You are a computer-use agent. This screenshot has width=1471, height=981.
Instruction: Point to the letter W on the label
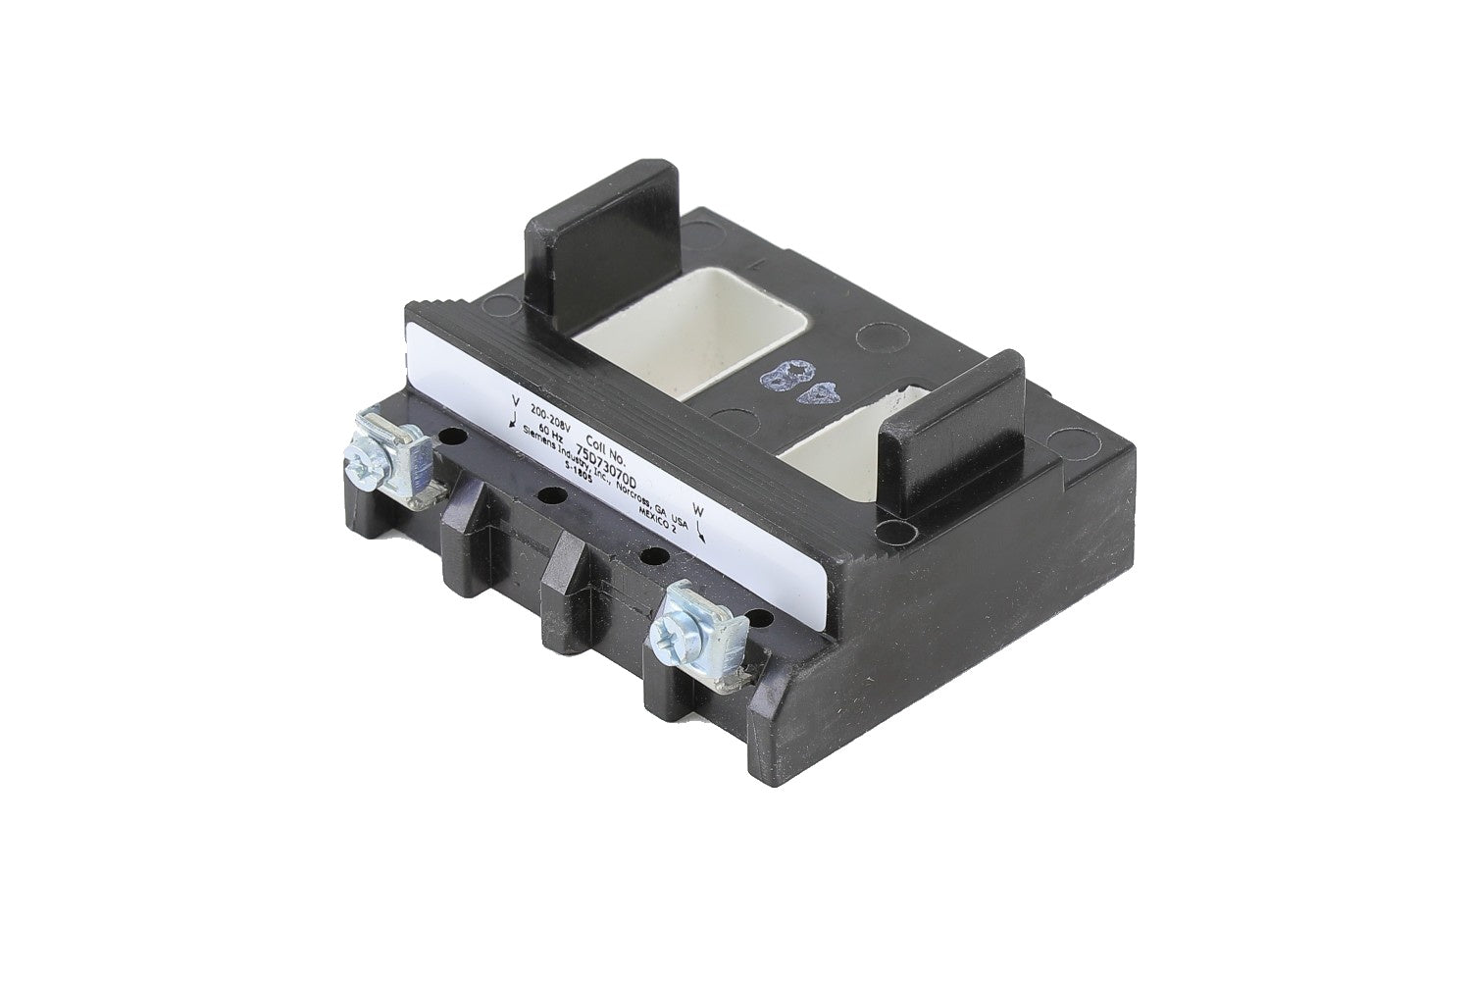[698, 510]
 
